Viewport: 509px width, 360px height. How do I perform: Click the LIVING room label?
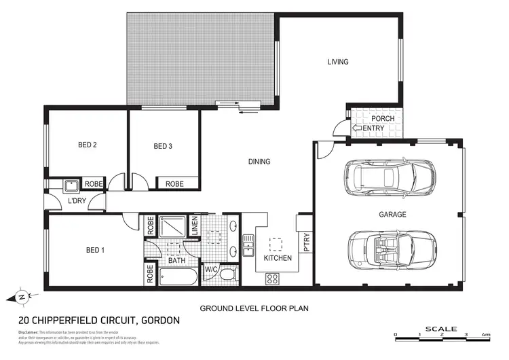[x=337, y=62]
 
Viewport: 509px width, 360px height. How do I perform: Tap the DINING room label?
[x=259, y=162]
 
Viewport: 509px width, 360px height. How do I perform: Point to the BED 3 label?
[x=164, y=146]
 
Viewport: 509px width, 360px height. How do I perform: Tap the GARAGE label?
[x=392, y=215]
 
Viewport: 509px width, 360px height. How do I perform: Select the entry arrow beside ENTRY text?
[x=356, y=128]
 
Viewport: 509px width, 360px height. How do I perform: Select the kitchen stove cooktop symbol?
[x=273, y=278]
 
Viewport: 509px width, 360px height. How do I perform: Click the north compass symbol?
[x=22, y=297]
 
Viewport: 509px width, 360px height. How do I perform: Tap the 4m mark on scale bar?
[x=486, y=335]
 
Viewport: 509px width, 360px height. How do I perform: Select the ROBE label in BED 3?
[x=174, y=183]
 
